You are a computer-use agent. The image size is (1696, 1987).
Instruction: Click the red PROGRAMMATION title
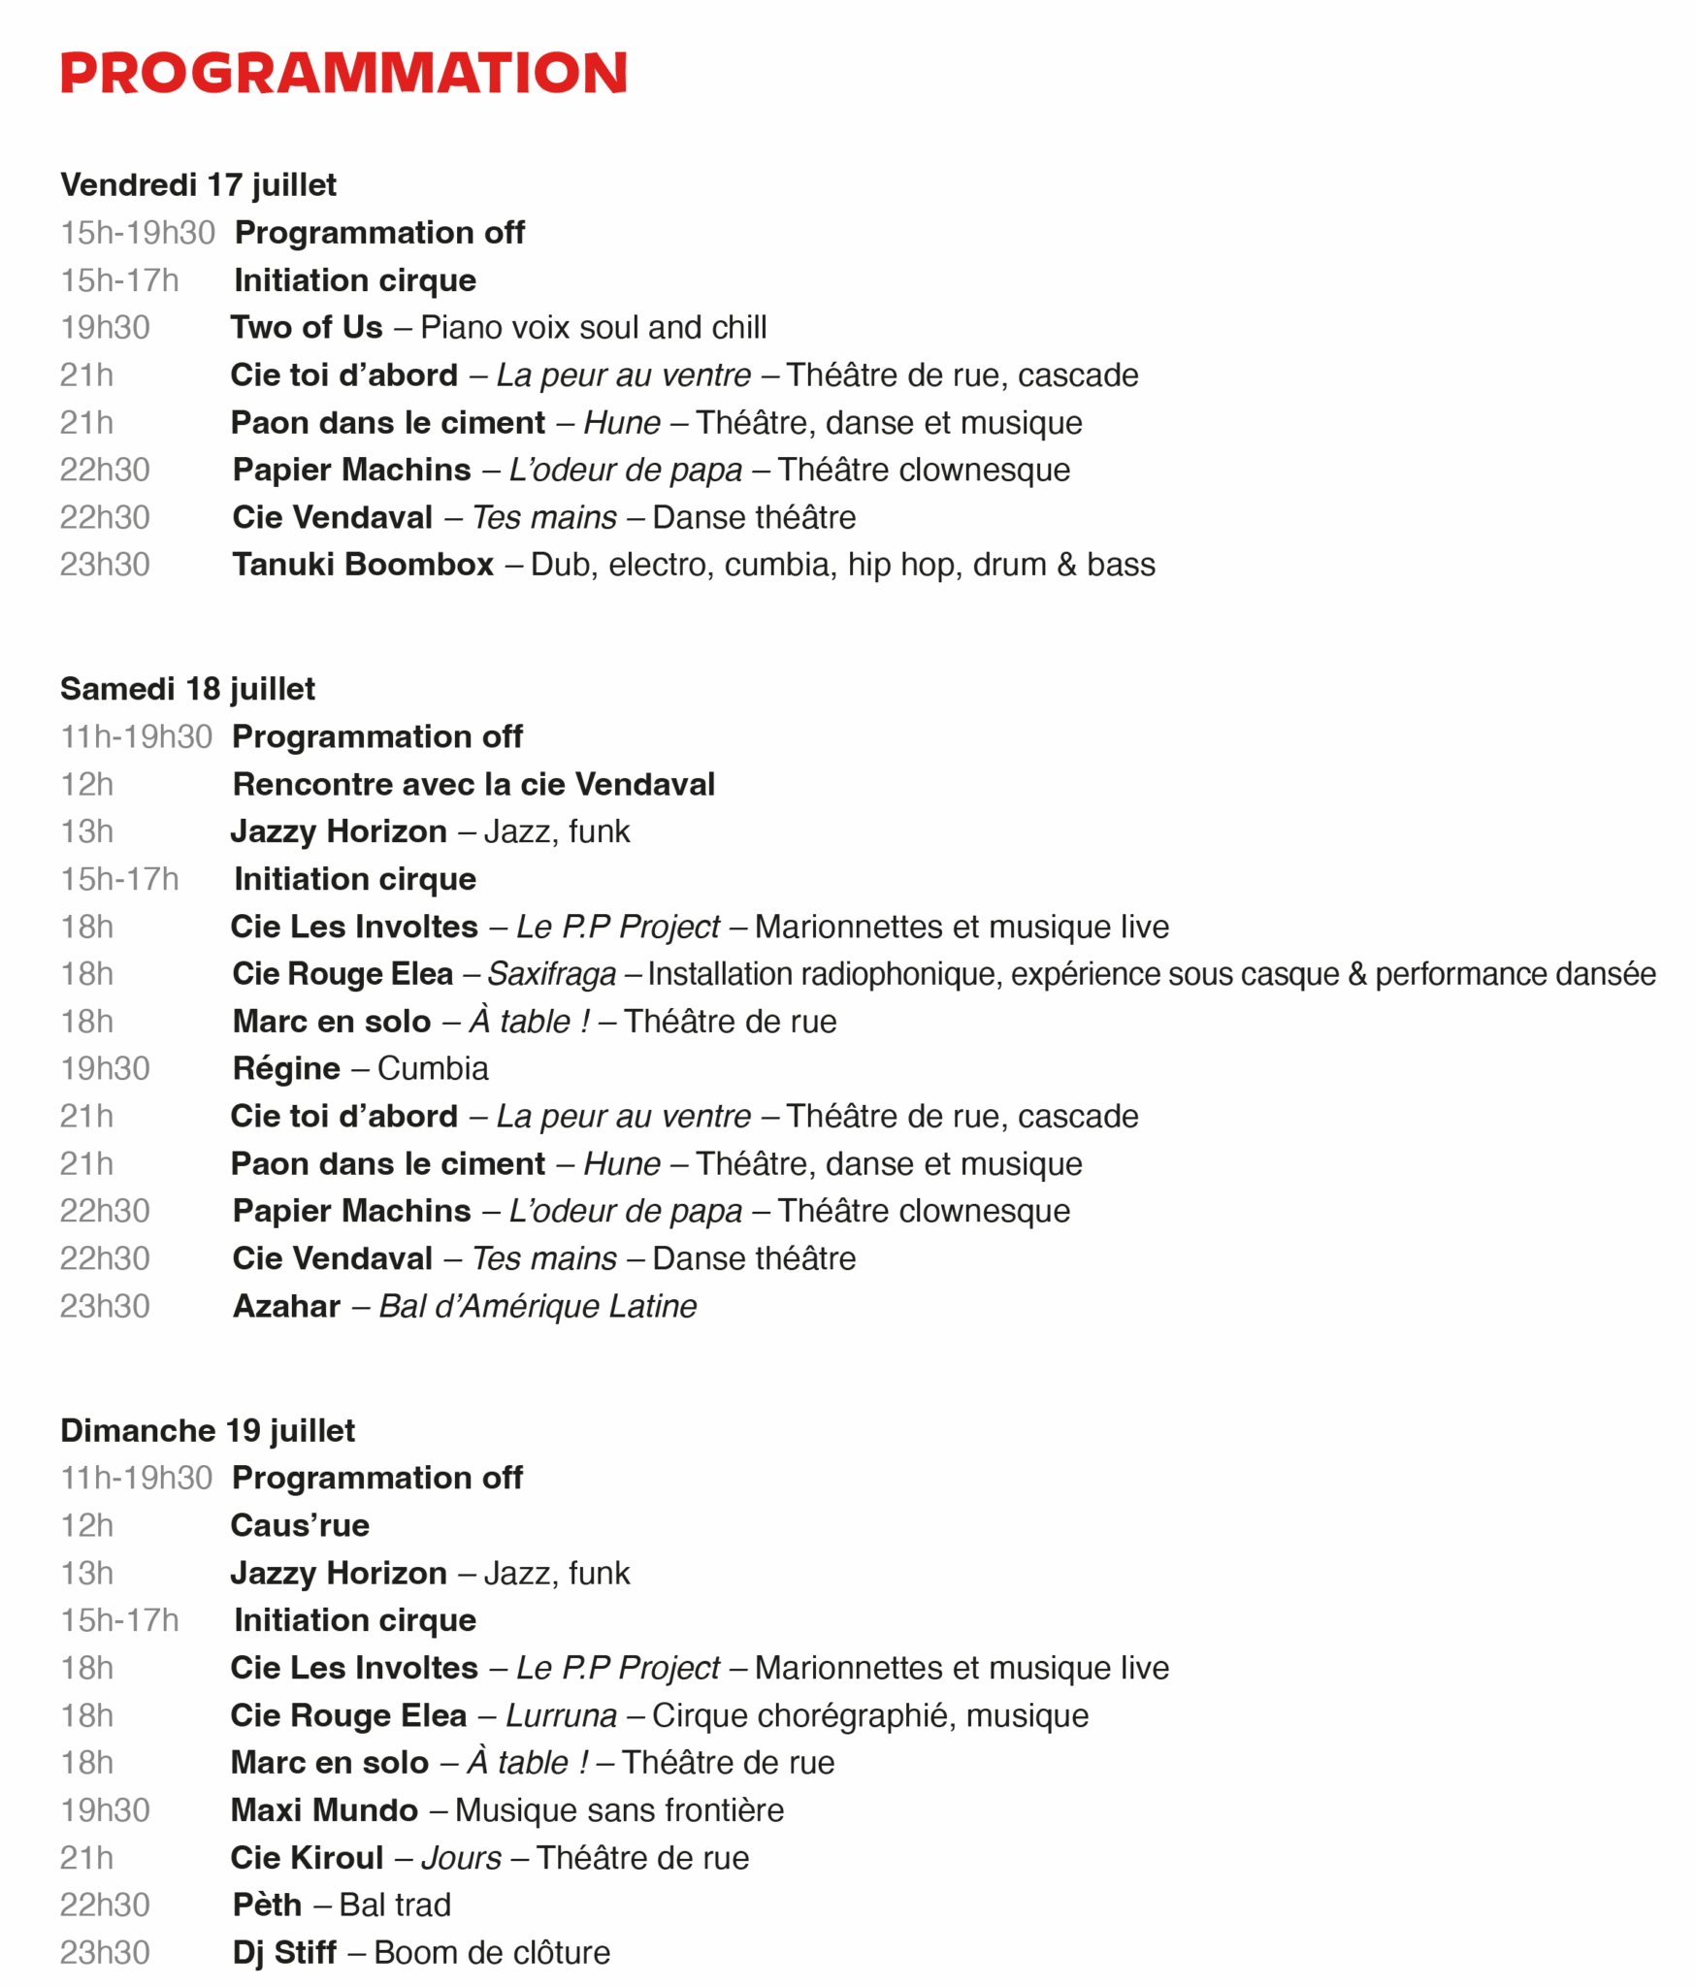tap(343, 73)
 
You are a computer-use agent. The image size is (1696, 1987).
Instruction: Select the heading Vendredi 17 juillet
tap(198, 184)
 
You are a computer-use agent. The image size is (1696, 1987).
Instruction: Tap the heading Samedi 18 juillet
tap(187, 689)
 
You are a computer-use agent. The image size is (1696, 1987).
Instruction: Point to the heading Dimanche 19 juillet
tap(208, 1430)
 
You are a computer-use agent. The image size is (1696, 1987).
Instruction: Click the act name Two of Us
tap(307, 328)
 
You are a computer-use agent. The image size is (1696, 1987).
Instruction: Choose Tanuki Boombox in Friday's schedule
tap(363, 565)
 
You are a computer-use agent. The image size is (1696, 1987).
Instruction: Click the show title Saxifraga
tap(551, 974)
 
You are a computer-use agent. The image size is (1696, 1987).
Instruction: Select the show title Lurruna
tap(561, 1715)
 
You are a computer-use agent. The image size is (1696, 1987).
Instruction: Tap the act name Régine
tap(286, 1069)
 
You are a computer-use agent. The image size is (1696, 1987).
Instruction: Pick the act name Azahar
tap(286, 1307)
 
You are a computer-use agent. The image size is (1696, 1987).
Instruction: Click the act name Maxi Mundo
tap(324, 1810)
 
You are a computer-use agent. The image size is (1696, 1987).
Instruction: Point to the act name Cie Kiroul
tap(307, 1858)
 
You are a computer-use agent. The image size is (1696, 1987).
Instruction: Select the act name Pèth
tap(267, 1906)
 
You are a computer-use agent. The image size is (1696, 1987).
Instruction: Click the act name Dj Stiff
tap(284, 1952)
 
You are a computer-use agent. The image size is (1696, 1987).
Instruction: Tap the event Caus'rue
tap(300, 1526)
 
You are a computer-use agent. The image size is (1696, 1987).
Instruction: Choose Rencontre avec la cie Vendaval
tap(473, 784)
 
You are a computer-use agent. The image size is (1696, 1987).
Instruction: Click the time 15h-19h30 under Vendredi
tap(138, 233)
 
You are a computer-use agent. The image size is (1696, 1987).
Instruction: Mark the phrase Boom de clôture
tap(492, 1952)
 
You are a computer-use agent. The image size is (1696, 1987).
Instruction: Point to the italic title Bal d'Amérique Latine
tap(538, 1307)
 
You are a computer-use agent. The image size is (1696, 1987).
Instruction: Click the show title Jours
tap(461, 1858)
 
